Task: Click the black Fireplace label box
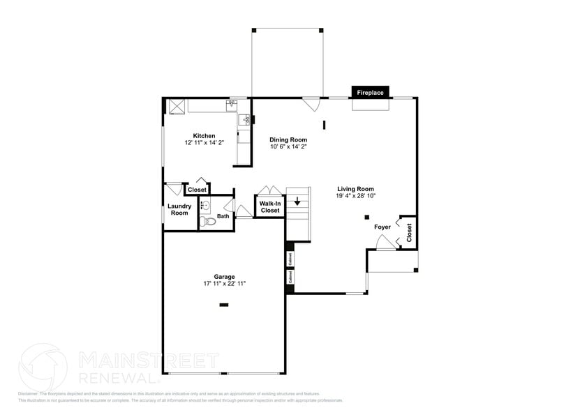coord(371,92)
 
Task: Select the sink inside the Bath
coord(205,206)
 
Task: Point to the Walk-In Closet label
coord(270,206)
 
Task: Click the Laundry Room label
coord(179,209)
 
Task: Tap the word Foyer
coord(382,227)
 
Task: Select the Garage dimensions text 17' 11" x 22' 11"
coord(224,284)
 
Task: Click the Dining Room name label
coord(288,139)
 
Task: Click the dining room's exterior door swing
coord(311,104)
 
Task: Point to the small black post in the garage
coord(224,304)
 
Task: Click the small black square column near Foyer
coord(367,218)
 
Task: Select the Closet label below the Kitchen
coord(197,190)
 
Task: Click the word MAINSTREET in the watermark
coord(148,360)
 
